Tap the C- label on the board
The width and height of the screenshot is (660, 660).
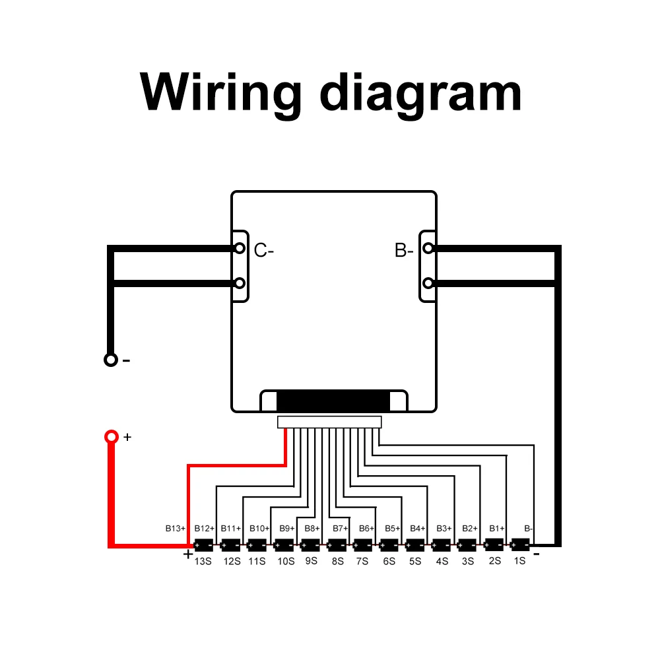coord(263,250)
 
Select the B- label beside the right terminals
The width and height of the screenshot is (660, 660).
coord(404,250)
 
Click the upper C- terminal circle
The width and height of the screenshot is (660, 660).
coord(240,248)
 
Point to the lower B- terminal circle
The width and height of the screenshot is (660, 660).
coord(428,283)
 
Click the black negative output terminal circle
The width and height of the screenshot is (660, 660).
coord(111,360)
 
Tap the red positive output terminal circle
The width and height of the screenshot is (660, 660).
coord(111,437)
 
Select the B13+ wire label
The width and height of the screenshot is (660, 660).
coord(176,528)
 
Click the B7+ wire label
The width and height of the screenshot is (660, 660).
coord(340,528)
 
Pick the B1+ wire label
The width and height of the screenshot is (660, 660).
coord(496,528)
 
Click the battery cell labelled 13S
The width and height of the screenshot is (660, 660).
coord(204,546)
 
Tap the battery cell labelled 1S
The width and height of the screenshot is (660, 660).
coord(520,545)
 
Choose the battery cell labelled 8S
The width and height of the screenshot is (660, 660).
coord(337,546)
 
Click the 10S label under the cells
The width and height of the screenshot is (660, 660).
coord(285,561)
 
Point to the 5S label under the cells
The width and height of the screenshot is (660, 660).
coord(415,561)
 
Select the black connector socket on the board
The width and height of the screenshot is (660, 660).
coord(333,401)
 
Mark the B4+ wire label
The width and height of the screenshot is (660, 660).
coord(418,528)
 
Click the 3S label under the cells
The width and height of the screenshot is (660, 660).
coord(468,561)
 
